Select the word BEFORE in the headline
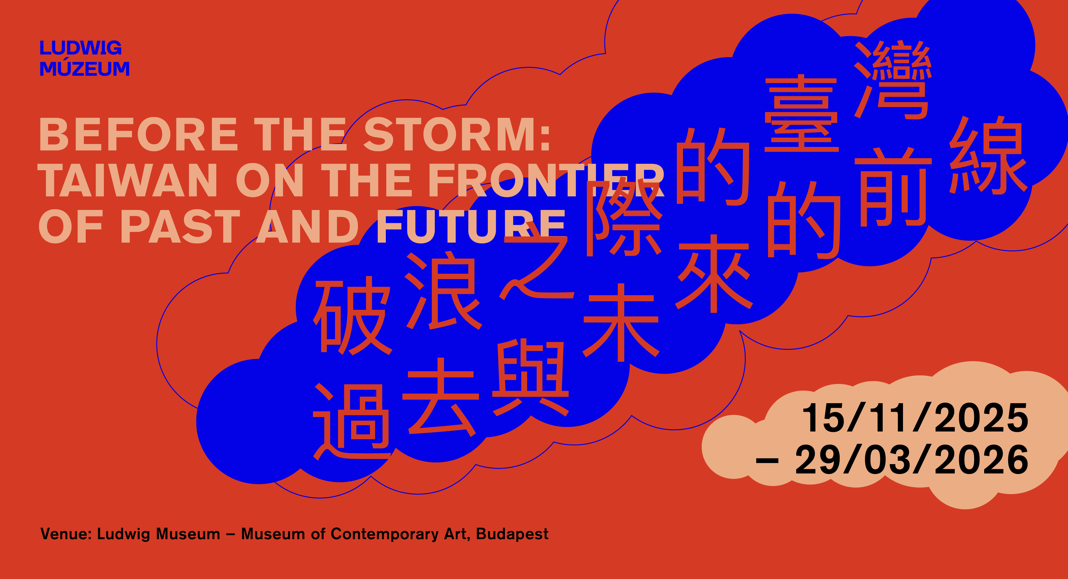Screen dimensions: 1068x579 [138, 134]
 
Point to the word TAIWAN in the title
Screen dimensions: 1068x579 [128, 180]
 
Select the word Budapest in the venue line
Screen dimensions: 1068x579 [512, 534]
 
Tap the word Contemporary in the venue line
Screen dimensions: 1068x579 [384, 534]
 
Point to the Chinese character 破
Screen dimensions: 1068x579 [353, 317]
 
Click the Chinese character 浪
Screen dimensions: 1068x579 [443, 290]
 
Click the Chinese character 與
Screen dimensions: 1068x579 [531, 378]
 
